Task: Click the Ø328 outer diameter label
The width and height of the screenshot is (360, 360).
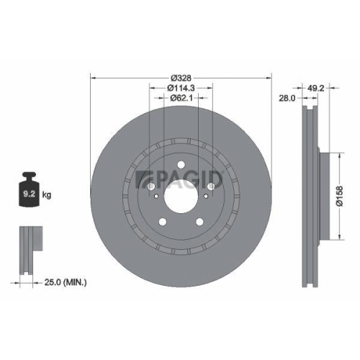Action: click(x=179, y=78)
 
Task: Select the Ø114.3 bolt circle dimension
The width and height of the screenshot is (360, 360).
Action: click(x=179, y=88)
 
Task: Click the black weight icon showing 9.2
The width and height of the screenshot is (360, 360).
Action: click(x=30, y=192)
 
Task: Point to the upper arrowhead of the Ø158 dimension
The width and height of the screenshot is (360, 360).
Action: click(x=339, y=153)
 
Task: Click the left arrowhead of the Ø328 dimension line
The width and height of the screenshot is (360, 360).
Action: click(x=93, y=78)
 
